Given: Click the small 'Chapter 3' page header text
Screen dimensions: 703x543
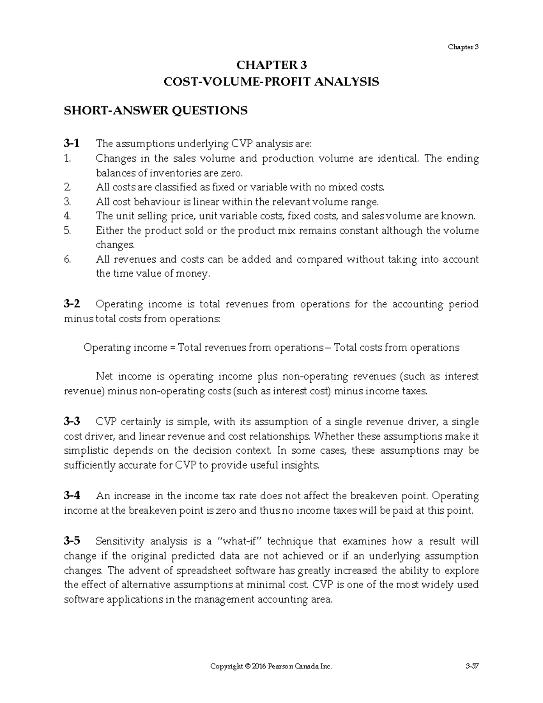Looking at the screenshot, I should tap(463, 47).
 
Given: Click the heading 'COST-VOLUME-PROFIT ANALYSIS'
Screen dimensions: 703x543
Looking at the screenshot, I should tap(271, 82).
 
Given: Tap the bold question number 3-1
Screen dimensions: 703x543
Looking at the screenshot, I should tap(72, 144).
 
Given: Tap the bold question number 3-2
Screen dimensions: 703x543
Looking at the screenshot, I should tap(72, 304).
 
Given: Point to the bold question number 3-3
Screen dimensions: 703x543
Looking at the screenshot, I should tap(72, 422).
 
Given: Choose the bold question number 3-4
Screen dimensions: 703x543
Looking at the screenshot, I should tap(72, 496).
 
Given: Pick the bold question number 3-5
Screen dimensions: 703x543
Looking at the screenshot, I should tap(72, 541).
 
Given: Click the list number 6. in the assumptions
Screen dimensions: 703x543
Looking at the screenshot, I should tap(67, 259).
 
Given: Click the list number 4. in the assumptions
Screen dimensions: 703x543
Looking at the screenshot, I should tap(67, 216).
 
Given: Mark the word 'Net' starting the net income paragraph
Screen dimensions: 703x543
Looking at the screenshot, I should tap(105, 377).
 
